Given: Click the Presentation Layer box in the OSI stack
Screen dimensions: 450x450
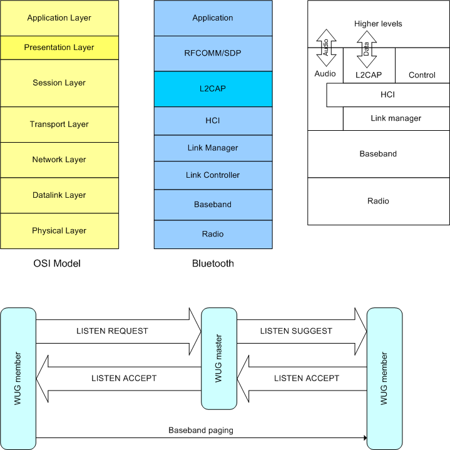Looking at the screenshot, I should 59,48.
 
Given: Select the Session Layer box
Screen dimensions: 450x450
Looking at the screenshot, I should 59,83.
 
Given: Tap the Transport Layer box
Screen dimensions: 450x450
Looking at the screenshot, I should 59,125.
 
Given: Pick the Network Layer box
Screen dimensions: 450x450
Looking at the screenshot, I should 59,160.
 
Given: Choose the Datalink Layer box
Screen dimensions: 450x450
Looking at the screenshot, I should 59,195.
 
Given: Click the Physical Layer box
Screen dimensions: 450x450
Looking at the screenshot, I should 59,231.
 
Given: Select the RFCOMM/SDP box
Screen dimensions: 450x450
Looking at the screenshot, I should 213,53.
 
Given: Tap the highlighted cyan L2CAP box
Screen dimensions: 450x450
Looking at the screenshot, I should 213,89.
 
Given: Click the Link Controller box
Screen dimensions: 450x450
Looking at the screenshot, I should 213,175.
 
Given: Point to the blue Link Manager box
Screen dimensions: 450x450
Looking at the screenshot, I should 213,148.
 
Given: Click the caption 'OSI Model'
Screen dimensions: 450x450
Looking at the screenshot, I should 57,263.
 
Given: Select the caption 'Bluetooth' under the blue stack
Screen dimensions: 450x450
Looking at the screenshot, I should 213,263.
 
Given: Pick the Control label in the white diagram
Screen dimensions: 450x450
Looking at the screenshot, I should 422,75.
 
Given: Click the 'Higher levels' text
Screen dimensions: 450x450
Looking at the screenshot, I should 378,24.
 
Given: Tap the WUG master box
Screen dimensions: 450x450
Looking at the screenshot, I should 218,358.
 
